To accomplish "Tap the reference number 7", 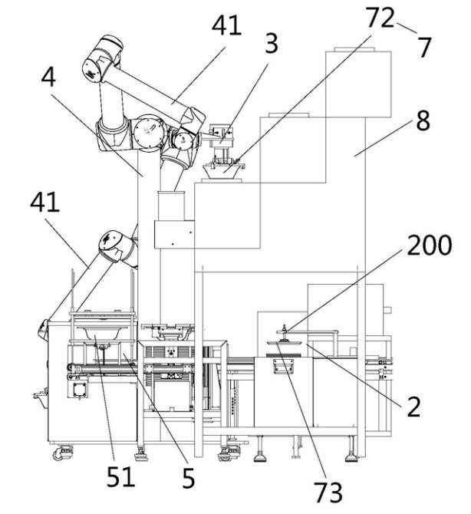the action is [425, 48].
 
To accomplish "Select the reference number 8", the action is [423, 120].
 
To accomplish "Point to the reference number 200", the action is [429, 245].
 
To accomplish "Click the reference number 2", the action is [413, 407].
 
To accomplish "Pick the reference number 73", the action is [328, 493].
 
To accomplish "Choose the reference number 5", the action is [188, 478].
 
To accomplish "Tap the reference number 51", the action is [120, 476].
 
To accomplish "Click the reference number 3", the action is [272, 43].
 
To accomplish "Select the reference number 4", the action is [48, 77].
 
